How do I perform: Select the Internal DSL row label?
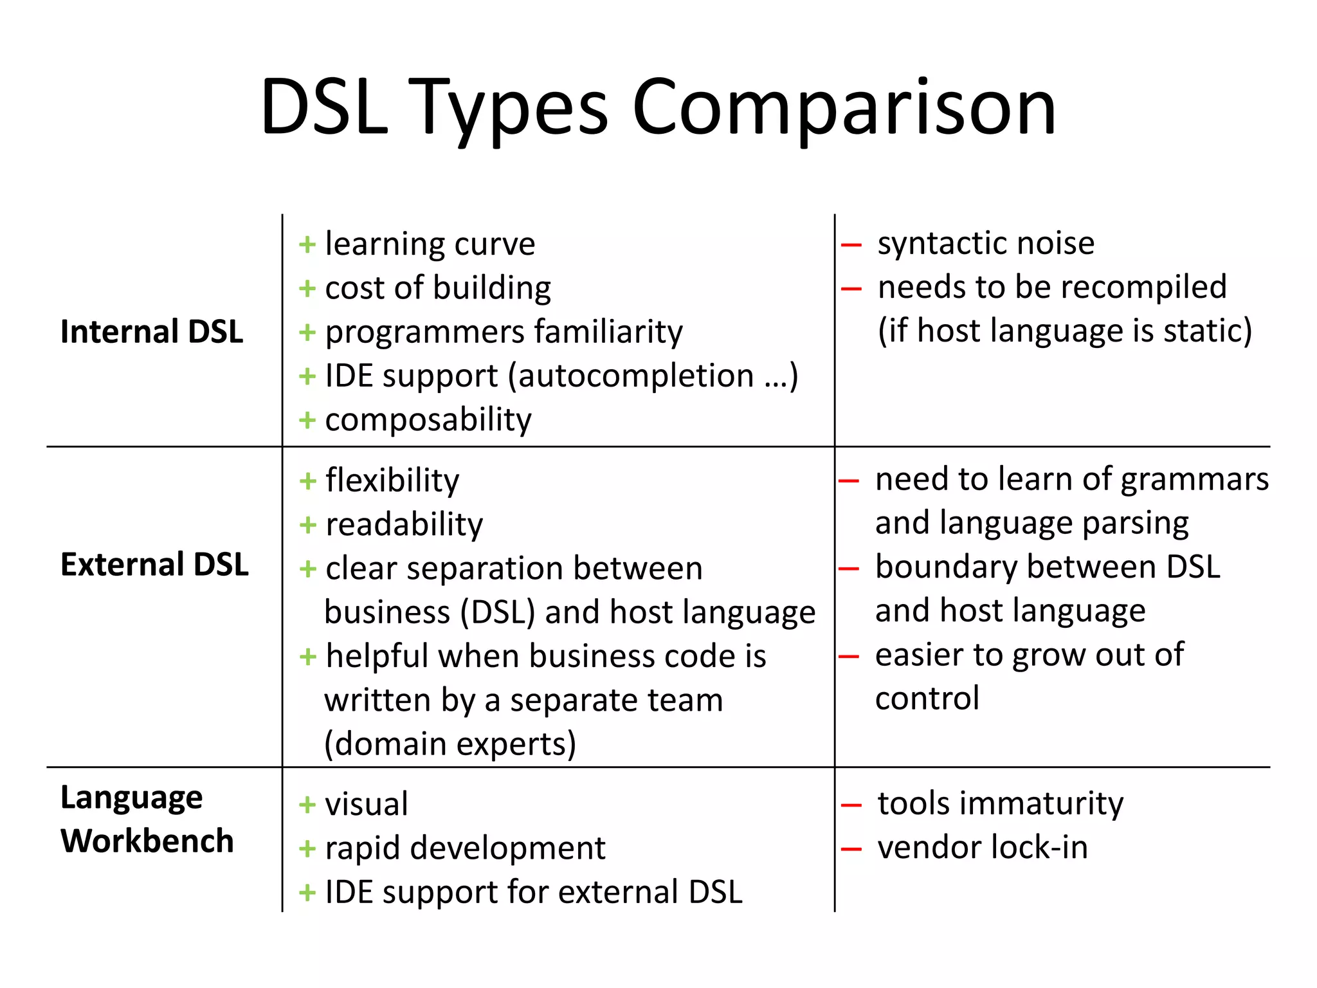point(152,332)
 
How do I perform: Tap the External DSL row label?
point(154,565)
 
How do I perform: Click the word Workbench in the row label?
point(147,841)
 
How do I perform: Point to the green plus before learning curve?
point(307,245)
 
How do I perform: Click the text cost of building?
point(438,288)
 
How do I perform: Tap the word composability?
point(428,420)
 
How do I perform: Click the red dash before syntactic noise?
point(851,245)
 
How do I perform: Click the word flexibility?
point(392,480)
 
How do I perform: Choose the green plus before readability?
point(308,526)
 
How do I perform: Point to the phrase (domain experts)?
point(450,744)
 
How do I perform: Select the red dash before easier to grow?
point(849,657)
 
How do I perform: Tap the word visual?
point(367,805)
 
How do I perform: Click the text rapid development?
point(465,848)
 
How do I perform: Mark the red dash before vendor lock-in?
point(851,849)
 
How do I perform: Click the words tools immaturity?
point(1001,804)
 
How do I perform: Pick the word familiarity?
point(608,332)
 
